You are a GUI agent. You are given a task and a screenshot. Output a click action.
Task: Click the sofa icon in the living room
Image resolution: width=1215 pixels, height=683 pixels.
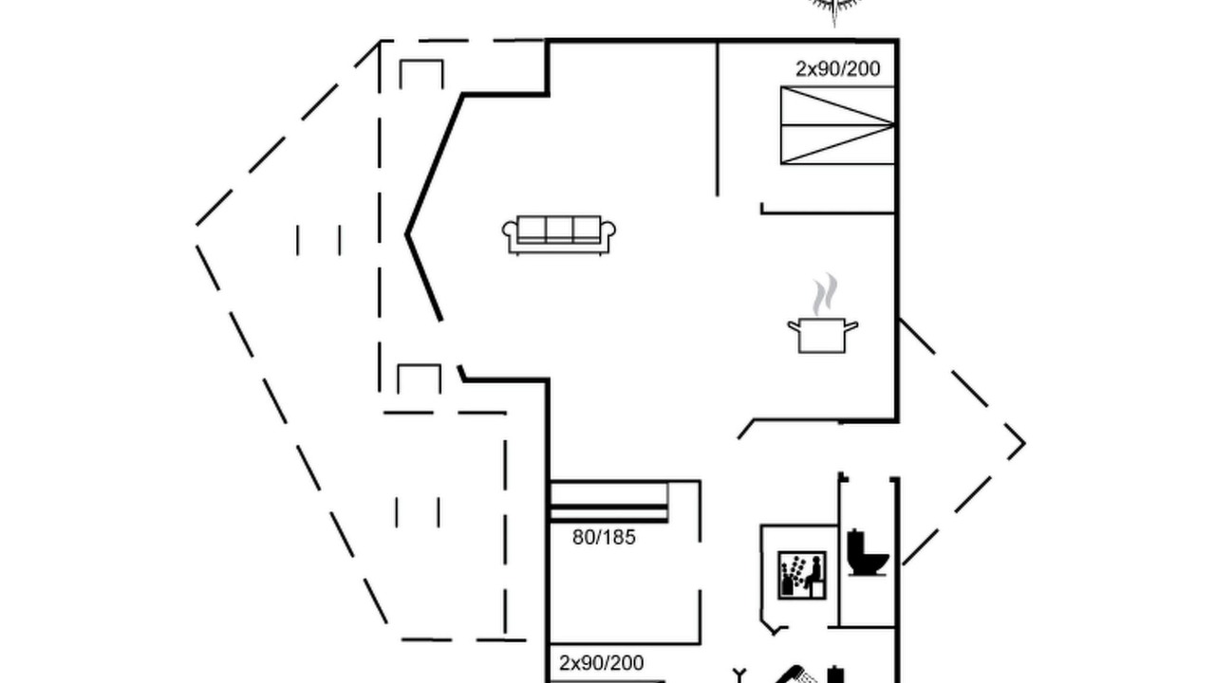point(559,235)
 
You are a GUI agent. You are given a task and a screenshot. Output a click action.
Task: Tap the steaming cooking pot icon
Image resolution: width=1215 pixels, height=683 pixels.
point(822,314)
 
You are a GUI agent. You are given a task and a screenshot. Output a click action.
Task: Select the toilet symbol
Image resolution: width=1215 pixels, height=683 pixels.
point(867,552)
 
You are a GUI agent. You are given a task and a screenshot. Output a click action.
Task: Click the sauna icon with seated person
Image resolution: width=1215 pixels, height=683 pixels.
point(802,575)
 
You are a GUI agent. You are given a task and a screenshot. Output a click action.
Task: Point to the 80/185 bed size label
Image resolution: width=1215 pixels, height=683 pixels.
point(604,537)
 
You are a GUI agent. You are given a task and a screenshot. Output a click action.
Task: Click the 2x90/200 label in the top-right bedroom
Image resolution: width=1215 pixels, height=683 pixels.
point(837,69)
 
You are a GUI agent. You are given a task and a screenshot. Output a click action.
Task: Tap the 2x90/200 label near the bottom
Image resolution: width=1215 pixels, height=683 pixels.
point(601,663)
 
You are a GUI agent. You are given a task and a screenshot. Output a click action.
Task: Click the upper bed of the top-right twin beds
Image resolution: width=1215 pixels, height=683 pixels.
point(837,105)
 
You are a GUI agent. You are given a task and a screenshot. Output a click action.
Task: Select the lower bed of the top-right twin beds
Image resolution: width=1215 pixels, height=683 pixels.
point(837,144)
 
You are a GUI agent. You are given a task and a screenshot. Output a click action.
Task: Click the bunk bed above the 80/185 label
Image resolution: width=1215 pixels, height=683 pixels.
point(609,502)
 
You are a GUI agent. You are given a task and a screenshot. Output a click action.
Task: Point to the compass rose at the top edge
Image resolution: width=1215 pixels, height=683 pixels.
point(834,9)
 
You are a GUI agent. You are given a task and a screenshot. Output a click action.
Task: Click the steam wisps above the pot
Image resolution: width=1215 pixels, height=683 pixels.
point(825,294)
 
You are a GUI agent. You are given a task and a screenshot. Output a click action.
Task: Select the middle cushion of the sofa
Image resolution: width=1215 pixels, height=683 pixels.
point(559,230)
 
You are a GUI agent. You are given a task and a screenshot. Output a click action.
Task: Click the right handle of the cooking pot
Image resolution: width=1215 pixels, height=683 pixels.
point(851,326)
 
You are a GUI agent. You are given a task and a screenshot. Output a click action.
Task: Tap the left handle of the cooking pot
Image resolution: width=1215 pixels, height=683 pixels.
point(794,326)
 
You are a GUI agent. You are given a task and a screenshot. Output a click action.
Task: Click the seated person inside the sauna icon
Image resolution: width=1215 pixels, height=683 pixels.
point(813,574)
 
